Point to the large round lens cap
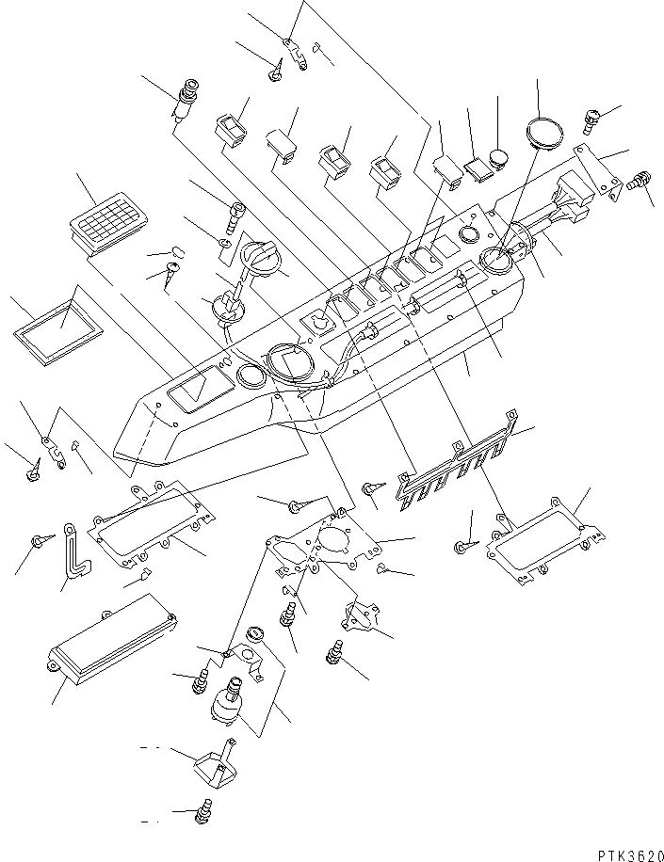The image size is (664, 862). tap(543, 132)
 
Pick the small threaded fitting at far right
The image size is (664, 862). tap(645, 180)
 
